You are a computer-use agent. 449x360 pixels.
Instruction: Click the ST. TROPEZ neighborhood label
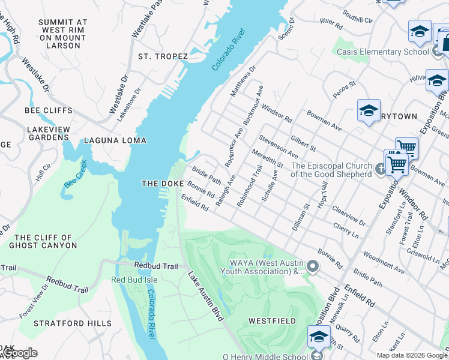163,56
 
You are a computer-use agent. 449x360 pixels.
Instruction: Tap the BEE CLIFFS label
49,110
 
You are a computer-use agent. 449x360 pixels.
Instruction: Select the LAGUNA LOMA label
115,140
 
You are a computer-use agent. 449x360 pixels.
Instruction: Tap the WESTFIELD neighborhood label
272,321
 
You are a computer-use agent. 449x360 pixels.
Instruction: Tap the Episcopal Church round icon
381,170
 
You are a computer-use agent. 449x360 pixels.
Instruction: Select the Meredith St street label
267,158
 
